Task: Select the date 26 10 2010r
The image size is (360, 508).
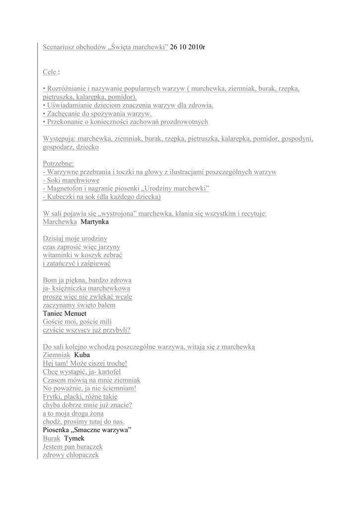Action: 188,47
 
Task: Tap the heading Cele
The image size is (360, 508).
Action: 49,72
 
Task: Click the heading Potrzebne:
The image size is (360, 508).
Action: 58,163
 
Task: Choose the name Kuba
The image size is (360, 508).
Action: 82,355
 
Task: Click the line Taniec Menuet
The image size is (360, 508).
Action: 65,314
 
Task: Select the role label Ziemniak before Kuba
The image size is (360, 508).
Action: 57,355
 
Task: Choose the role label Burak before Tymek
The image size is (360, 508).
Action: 52,438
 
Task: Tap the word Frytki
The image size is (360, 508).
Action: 54,396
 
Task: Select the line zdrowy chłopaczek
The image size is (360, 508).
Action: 71,454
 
